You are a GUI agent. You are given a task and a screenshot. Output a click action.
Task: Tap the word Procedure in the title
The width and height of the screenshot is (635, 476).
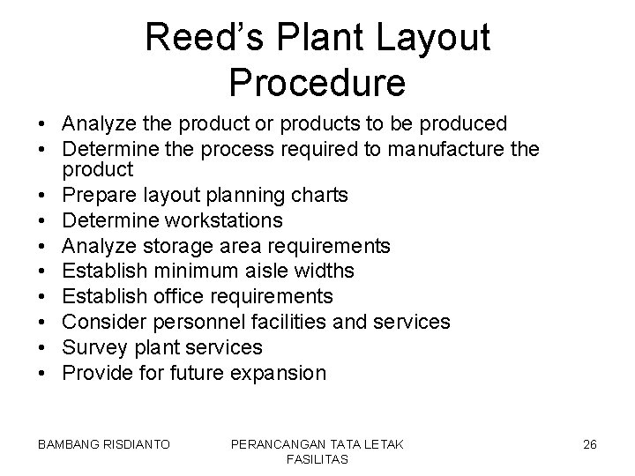pos(317,82)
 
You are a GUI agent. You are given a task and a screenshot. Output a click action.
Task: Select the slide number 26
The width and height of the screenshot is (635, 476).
pos(590,444)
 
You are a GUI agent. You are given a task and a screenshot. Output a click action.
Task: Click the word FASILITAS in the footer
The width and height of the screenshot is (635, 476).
pos(317,460)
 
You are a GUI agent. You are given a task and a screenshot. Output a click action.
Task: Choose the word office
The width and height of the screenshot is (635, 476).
pos(194,295)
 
